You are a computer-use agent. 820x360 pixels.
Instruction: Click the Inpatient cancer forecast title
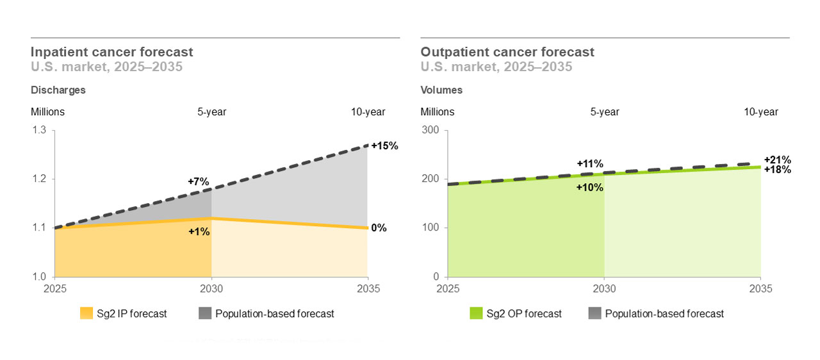click(111, 52)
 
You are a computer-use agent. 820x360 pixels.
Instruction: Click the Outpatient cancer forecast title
click(507, 52)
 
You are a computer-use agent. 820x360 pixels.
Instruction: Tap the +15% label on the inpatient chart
click(384, 145)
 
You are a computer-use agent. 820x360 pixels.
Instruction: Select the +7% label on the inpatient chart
click(198, 181)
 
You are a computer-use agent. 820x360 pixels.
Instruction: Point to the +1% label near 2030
click(199, 231)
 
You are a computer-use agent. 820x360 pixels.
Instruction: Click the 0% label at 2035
click(379, 227)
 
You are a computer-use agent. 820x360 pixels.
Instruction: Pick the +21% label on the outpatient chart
click(777, 160)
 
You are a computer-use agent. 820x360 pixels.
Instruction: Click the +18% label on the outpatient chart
click(777, 170)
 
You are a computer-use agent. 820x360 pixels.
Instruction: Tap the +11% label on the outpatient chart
click(590, 163)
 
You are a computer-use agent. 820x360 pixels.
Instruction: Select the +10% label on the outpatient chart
click(590, 187)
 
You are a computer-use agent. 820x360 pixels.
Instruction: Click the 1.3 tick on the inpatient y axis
click(39, 130)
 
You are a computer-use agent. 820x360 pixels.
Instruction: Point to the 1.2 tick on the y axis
click(39, 179)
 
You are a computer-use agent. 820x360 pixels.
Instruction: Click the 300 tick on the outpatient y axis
click(429, 130)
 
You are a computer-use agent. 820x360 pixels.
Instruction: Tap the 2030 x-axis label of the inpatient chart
click(211, 289)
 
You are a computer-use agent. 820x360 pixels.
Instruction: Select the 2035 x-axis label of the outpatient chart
click(760, 289)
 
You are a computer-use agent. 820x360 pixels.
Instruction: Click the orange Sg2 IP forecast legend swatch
click(86, 313)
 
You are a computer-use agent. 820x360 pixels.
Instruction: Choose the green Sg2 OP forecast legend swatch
click(476, 313)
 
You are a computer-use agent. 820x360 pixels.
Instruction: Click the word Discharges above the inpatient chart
click(58, 90)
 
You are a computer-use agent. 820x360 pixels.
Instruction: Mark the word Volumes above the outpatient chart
click(441, 90)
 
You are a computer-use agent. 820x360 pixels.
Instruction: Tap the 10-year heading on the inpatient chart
click(368, 112)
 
